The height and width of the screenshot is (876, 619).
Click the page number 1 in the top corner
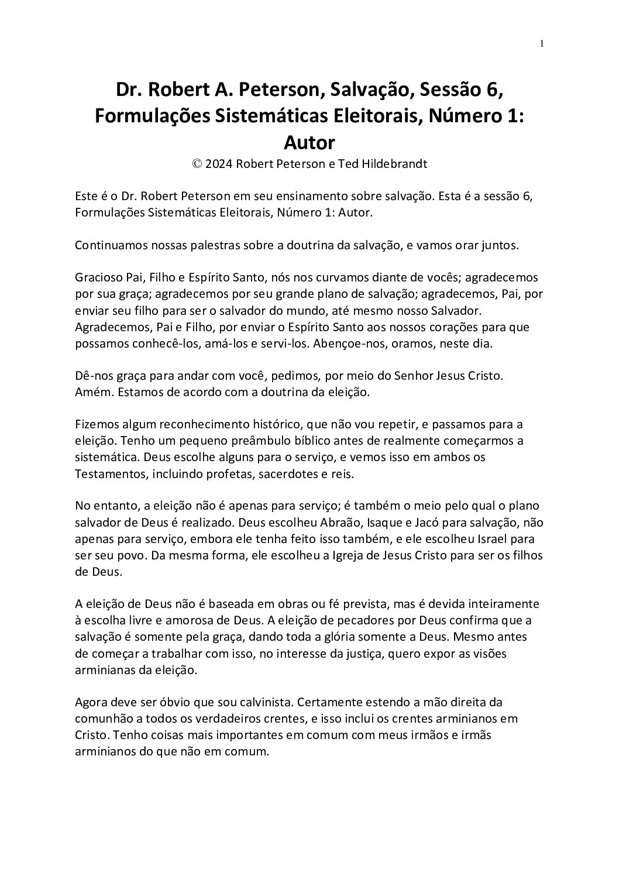point(542,43)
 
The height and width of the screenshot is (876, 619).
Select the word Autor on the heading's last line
point(309,142)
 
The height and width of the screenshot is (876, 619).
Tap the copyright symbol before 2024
point(197,164)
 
